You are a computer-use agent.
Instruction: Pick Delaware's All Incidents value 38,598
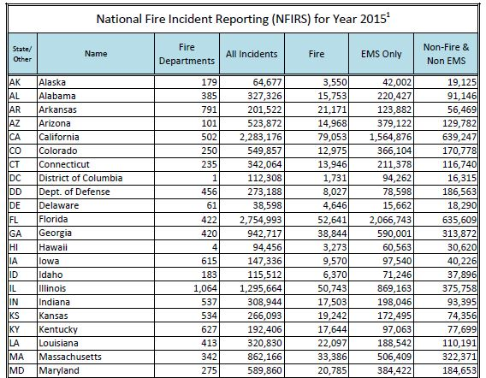[260, 204]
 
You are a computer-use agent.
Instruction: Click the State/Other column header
[18, 53]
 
